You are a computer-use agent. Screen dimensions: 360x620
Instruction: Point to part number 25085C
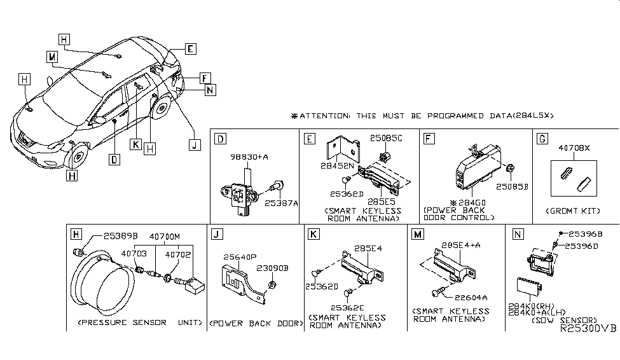[x=387, y=137]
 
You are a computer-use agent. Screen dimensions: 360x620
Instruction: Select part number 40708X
[x=574, y=148]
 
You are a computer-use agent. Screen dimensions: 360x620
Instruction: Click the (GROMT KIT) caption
[x=574, y=211]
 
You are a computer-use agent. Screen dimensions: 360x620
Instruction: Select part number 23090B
[x=274, y=268]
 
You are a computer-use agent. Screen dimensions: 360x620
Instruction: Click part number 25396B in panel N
[x=585, y=233]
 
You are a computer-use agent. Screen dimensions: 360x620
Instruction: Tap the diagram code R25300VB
[x=588, y=331]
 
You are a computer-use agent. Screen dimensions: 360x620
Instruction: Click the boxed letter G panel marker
[x=542, y=138]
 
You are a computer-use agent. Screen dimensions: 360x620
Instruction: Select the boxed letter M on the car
[x=52, y=57]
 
